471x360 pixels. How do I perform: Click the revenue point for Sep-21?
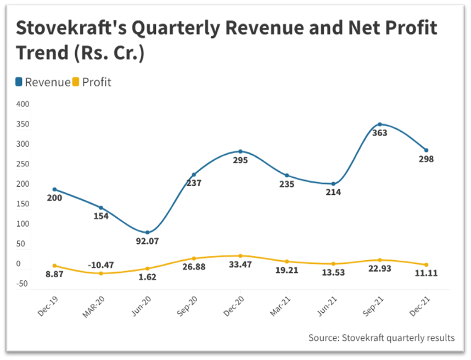tap(379, 124)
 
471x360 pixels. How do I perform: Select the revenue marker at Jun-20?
tap(147, 232)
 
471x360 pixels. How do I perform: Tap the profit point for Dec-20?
tap(240, 256)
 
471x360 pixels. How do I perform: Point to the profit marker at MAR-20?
tap(101, 273)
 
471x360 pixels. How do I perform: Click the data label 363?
tap(379, 133)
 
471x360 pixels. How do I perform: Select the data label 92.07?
tap(147, 240)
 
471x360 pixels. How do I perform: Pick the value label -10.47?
tap(100, 265)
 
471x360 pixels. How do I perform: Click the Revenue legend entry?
tap(43, 82)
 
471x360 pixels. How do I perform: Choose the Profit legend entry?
tap(93, 82)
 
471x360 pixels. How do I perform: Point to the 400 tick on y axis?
tap(23, 104)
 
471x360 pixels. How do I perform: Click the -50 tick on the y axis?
tap(23, 284)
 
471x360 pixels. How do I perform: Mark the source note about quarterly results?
tap(381, 337)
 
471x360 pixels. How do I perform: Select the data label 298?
tap(426, 159)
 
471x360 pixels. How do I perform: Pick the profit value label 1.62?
tap(147, 277)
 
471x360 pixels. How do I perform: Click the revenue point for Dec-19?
tap(54, 189)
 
